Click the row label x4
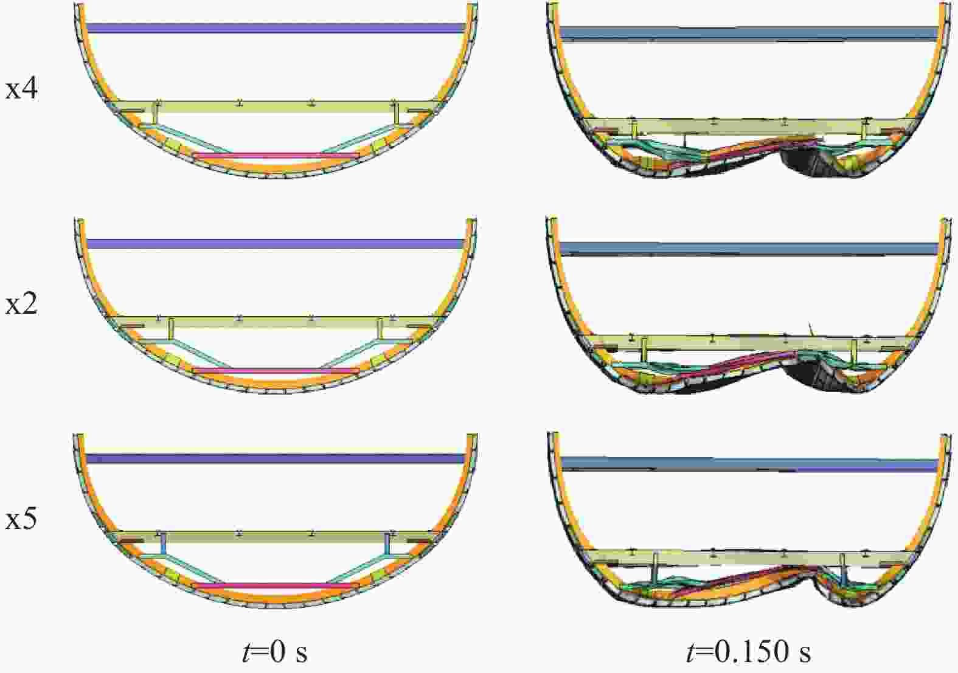(21, 90)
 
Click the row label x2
(21, 305)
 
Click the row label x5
(21, 520)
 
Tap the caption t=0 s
(274, 652)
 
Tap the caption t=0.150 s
(748, 652)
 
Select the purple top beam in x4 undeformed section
(276, 28)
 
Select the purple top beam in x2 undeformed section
(276, 244)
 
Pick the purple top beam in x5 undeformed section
(276, 459)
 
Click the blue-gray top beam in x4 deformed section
(749, 34)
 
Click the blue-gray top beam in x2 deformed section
(749, 249)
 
